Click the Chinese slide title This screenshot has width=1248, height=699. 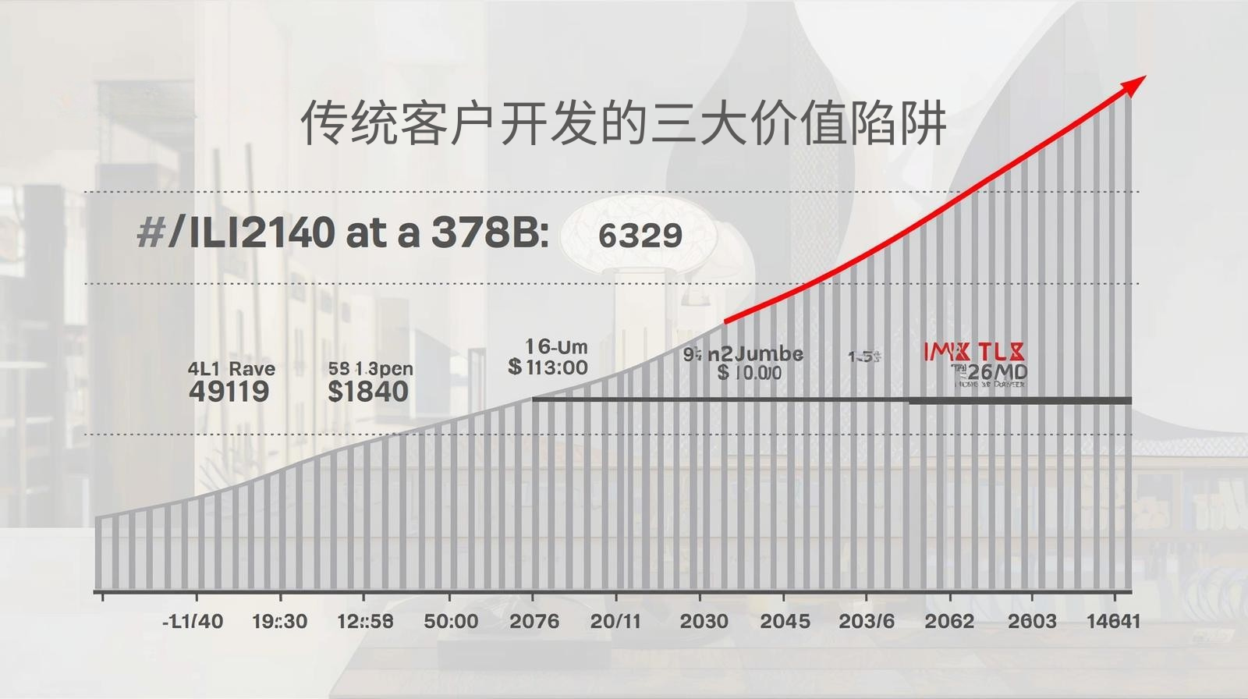[623, 122]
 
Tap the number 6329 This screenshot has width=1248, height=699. [640, 235]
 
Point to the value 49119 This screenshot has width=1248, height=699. [229, 391]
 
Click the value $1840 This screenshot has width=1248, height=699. [368, 391]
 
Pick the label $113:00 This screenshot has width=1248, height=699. [548, 367]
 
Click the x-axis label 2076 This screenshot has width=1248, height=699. [534, 621]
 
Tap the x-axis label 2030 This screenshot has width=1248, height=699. [704, 621]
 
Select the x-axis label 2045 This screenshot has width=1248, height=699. [785, 621]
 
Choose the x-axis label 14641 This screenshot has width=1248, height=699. [1113, 621]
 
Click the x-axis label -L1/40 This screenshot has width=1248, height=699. [193, 621]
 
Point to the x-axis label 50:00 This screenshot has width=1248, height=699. [451, 621]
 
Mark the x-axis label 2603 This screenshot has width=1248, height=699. [1032, 621]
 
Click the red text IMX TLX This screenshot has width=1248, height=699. [974, 352]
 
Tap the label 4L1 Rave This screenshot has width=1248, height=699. [231, 368]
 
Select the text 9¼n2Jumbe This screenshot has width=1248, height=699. [743, 354]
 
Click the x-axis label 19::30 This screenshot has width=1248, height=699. [279, 621]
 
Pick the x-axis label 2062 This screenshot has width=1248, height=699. [948, 621]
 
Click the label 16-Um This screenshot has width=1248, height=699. [556, 346]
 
